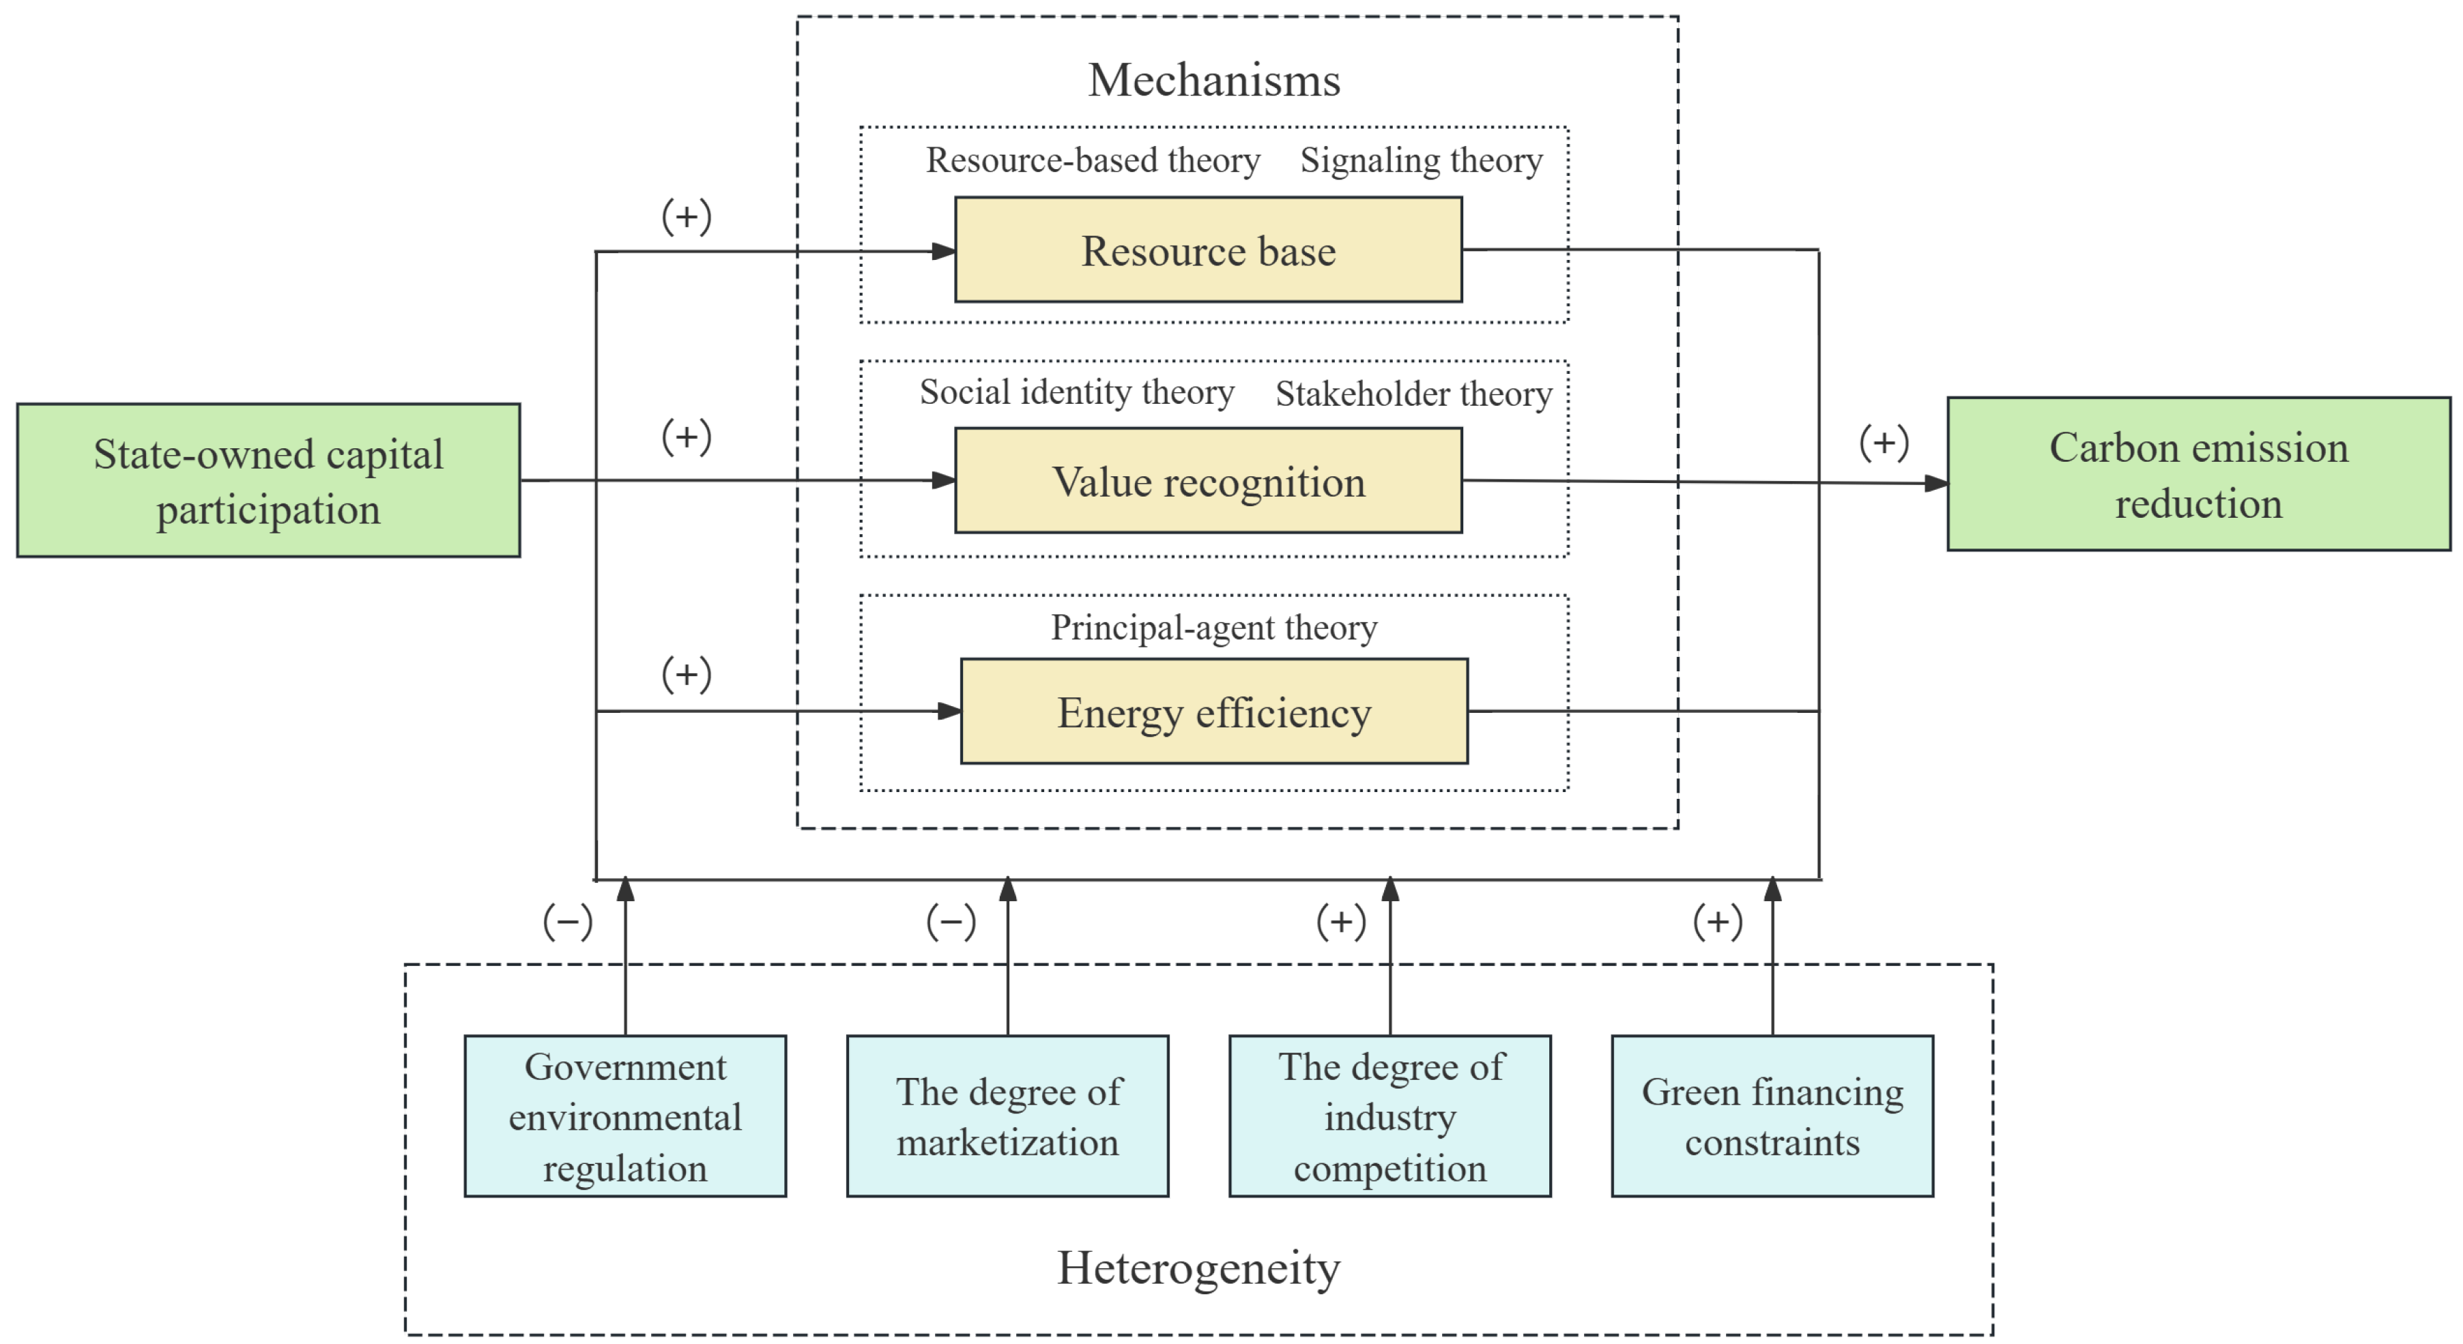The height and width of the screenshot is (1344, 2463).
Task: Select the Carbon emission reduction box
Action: click(x=2198, y=474)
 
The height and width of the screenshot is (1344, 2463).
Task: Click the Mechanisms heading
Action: click(x=1213, y=79)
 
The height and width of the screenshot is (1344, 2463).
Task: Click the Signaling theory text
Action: click(x=1421, y=160)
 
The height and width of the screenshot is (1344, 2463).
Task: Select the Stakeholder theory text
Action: click(x=1413, y=394)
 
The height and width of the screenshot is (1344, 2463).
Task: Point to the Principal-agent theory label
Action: click(x=1213, y=627)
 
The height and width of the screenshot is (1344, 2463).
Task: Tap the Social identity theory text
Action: click(x=1077, y=392)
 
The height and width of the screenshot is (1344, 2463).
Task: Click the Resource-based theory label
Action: click(x=1093, y=160)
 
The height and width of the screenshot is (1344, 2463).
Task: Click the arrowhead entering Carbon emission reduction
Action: click(x=1936, y=484)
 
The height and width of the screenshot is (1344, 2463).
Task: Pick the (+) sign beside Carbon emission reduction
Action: click(x=1884, y=443)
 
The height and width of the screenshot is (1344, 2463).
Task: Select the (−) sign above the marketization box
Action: click(x=951, y=922)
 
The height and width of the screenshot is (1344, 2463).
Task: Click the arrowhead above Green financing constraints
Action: click(x=1772, y=890)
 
